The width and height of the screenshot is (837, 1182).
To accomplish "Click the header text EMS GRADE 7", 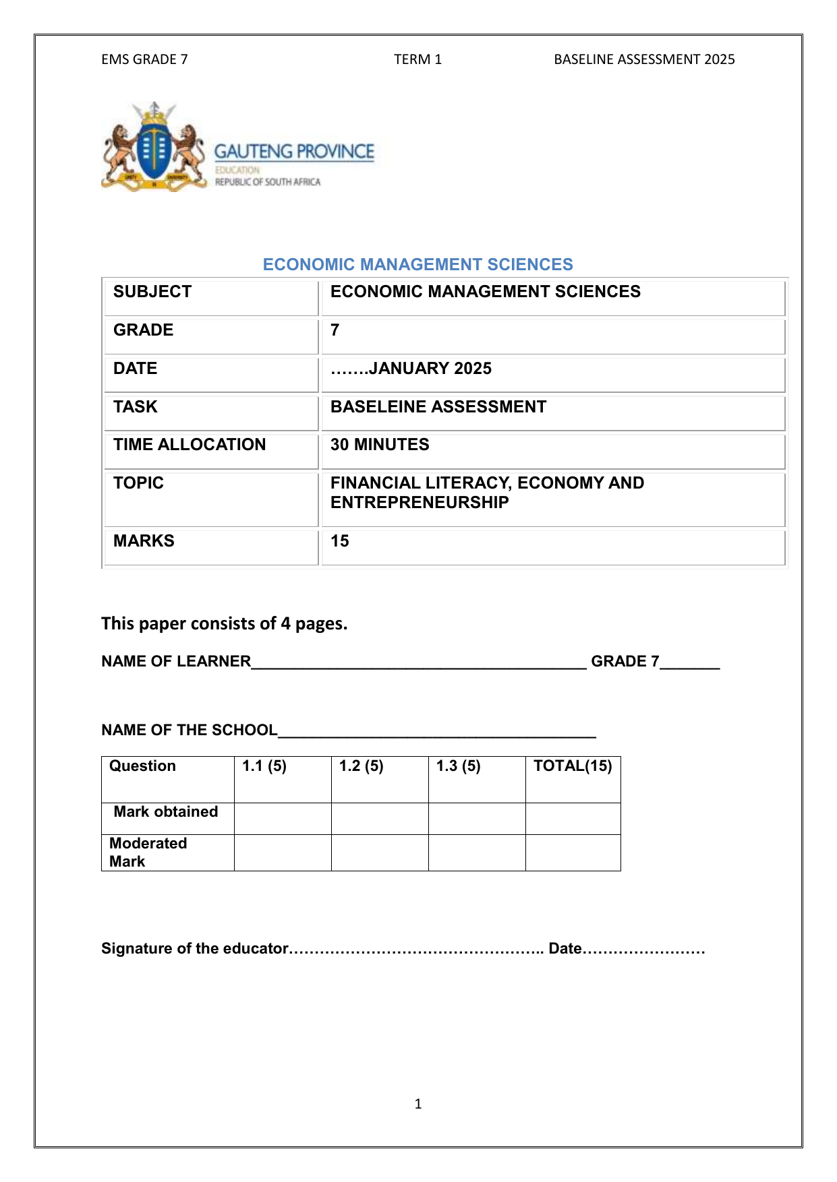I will tap(144, 59).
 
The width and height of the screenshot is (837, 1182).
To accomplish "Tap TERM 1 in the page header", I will tap(417, 59).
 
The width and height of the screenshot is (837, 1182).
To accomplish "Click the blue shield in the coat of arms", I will tap(154, 149).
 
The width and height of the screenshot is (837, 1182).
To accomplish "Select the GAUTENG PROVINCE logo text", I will tap(294, 152).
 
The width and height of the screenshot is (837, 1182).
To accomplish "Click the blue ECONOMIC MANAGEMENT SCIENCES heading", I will tap(417, 264).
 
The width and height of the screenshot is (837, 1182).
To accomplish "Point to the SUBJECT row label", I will tap(152, 292).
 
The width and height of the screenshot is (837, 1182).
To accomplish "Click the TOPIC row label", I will tap(138, 483).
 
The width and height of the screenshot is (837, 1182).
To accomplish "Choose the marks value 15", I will tap(340, 541).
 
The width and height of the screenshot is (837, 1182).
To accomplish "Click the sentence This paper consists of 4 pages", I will tap(224, 623).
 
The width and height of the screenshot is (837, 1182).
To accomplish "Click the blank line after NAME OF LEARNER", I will tap(418, 663).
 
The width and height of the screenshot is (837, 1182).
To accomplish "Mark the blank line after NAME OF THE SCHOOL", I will tap(436, 732).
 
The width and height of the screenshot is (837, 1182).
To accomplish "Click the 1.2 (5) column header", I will tap(362, 766).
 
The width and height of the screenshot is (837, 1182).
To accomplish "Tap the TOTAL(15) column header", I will tap(573, 766).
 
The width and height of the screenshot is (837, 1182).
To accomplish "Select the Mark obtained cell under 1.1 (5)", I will tap(283, 818).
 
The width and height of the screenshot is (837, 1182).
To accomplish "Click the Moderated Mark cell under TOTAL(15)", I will tap(573, 852).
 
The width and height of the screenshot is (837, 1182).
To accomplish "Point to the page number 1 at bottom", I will tap(418, 1104).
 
